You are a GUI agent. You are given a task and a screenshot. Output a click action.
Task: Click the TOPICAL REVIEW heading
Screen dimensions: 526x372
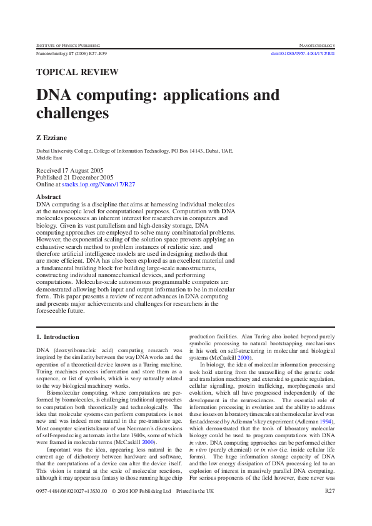78,72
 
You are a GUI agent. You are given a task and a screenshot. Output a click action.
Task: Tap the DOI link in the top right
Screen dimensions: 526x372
303,54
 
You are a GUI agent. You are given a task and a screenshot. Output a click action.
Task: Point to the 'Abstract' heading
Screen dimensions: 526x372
49,196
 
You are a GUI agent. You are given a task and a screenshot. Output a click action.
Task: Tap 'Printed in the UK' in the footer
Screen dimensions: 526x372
195,492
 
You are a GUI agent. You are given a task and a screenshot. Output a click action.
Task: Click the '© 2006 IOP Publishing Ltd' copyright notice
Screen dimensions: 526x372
141,492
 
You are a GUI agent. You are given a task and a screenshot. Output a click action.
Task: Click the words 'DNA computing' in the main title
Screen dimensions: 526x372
88,96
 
